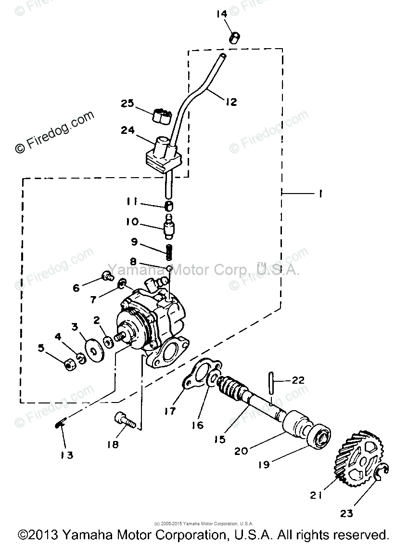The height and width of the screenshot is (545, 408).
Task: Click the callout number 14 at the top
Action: pyautogui.click(x=221, y=14)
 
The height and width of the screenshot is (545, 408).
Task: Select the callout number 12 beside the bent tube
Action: pyautogui.click(x=231, y=102)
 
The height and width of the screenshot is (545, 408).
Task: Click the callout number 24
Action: pyautogui.click(x=128, y=130)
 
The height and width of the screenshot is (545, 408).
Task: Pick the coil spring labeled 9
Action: pyautogui.click(x=169, y=251)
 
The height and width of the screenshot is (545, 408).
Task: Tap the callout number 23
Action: pyautogui.click(x=347, y=513)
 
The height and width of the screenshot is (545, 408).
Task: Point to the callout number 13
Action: pyautogui.click(x=67, y=454)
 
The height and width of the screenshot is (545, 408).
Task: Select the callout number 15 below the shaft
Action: pyautogui.click(x=219, y=439)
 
